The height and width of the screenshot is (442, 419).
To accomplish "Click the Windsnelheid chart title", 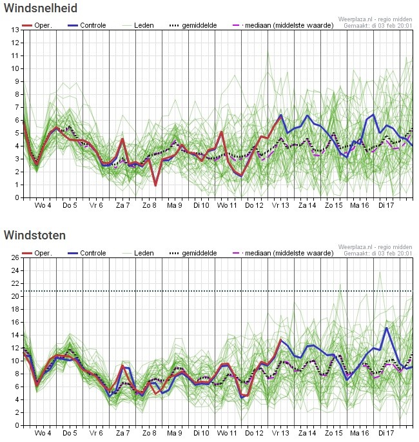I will (41, 8).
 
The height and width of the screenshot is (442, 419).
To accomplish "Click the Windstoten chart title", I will (35, 236).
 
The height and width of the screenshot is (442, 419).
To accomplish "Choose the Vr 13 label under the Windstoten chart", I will (280, 433).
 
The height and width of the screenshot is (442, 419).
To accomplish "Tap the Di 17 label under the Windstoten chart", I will (386, 433).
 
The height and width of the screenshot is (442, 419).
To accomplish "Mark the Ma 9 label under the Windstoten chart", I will (175, 433).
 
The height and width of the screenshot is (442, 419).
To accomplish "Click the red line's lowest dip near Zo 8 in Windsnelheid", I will (155, 185).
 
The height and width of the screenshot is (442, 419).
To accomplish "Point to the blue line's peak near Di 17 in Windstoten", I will (386, 328).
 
